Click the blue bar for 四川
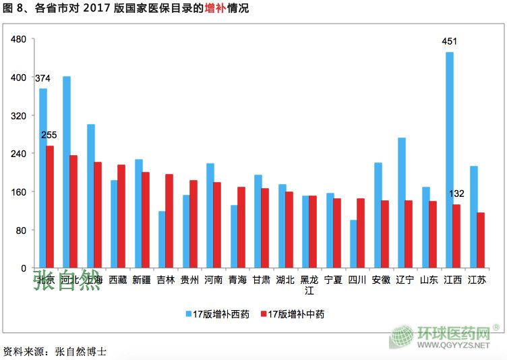pyautogui.click(x=353, y=243)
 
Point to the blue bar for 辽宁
pyautogui.click(x=401, y=202)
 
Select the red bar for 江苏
pyautogui.click(x=481, y=240)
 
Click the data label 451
pyautogui.click(x=449, y=41)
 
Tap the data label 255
pyautogui.click(x=49, y=135)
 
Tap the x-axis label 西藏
pyautogui.click(x=117, y=279)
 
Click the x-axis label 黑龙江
pyautogui.click(x=309, y=284)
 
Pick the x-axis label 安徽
pyautogui.click(x=381, y=279)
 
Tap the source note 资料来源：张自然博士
pyautogui.click(x=55, y=351)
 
